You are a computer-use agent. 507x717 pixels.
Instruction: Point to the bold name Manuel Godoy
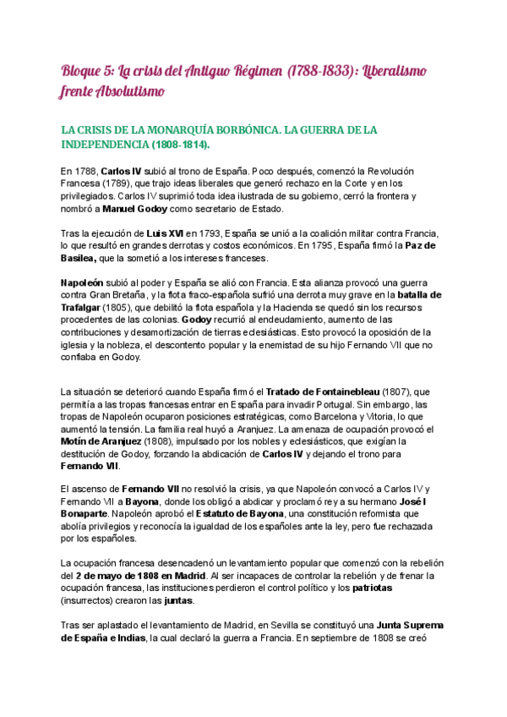(x=136, y=209)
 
